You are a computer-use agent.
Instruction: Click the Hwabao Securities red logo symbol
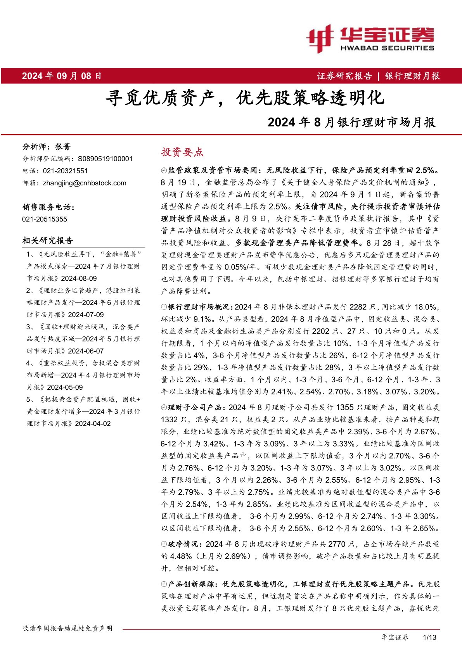tap(320, 38)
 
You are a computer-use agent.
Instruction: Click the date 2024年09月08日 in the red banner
tap(62, 76)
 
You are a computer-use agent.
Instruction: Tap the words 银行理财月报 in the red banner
tap(412, 76)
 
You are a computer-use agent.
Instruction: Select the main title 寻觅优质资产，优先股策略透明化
tap(245, 98)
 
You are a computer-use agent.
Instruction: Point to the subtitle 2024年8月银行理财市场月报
tap(351, 122)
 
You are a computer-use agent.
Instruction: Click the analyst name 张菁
tap(63, 147)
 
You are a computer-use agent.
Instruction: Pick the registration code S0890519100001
tap(105, 159)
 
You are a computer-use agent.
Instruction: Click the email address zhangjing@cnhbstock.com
tap(85, 183)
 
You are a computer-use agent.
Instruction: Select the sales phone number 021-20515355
tap(45, 219)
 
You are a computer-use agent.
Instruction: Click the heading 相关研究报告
tap(48, 240)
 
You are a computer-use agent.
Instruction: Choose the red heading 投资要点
tap(182, 152)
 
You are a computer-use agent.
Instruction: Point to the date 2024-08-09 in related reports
tap(79, 278)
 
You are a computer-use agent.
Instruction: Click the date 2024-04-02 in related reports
tap(93, 423)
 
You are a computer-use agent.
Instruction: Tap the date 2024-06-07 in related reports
tap(86, 351)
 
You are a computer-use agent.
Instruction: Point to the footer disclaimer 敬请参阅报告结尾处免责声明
tap(67, 628)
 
